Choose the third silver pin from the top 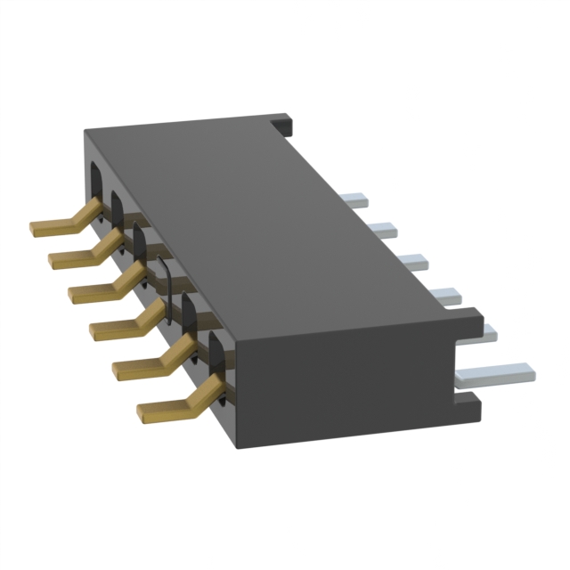point(409,260)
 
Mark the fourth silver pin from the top point(442,294)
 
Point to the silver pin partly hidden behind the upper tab point(481,335)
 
